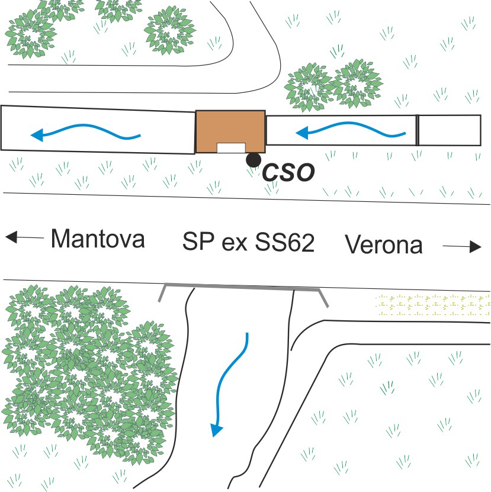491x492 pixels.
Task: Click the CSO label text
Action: pyautogui.click(x=288, y=172)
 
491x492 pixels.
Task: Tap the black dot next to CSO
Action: pyautogui.click(x=253, y=159)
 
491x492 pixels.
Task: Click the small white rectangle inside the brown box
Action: pyautogui.click(x=231, y=148)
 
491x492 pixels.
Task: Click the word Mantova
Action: pyautogui.click(x=98, y=239)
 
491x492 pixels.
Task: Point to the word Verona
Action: pyautogui.click(x=384, y=244)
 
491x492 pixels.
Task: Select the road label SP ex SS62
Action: pyautogui.click(x=248, y=243)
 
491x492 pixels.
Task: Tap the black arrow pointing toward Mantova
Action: pyautogui.click(x=24, y=238)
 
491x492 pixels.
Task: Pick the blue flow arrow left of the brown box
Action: pyautogui.click(x=86, y=133)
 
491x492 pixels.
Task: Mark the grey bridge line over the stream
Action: pyautogui.click(x=243, y=289)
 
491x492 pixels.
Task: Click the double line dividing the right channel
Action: pyautogui.click(x=417, y=130)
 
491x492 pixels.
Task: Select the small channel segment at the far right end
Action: pyautogui.click(x=449, y=130)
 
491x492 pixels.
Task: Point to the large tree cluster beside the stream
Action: pyautogui.click(x=83, y=373)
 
